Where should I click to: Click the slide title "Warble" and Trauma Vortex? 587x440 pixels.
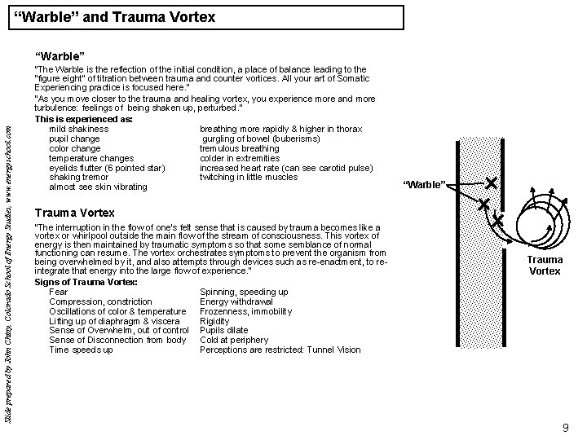click(115, 16)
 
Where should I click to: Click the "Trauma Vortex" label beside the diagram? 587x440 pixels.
click(545, 265)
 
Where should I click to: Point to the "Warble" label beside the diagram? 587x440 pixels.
click(425, 185)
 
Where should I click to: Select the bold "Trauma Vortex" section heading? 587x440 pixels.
click(75, 213)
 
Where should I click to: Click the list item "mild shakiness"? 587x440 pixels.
click(79, 129)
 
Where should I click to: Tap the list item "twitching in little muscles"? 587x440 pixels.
click(249, 177)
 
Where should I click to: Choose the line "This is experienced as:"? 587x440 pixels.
click(84, 119)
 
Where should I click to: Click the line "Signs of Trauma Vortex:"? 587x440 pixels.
click(86, 282)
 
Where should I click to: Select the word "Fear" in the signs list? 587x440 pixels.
click(59, 292)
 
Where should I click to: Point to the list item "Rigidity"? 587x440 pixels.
click(215, 321)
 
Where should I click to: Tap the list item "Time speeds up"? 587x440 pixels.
click(81, 350)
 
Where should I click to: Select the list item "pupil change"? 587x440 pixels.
click(75, 139)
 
